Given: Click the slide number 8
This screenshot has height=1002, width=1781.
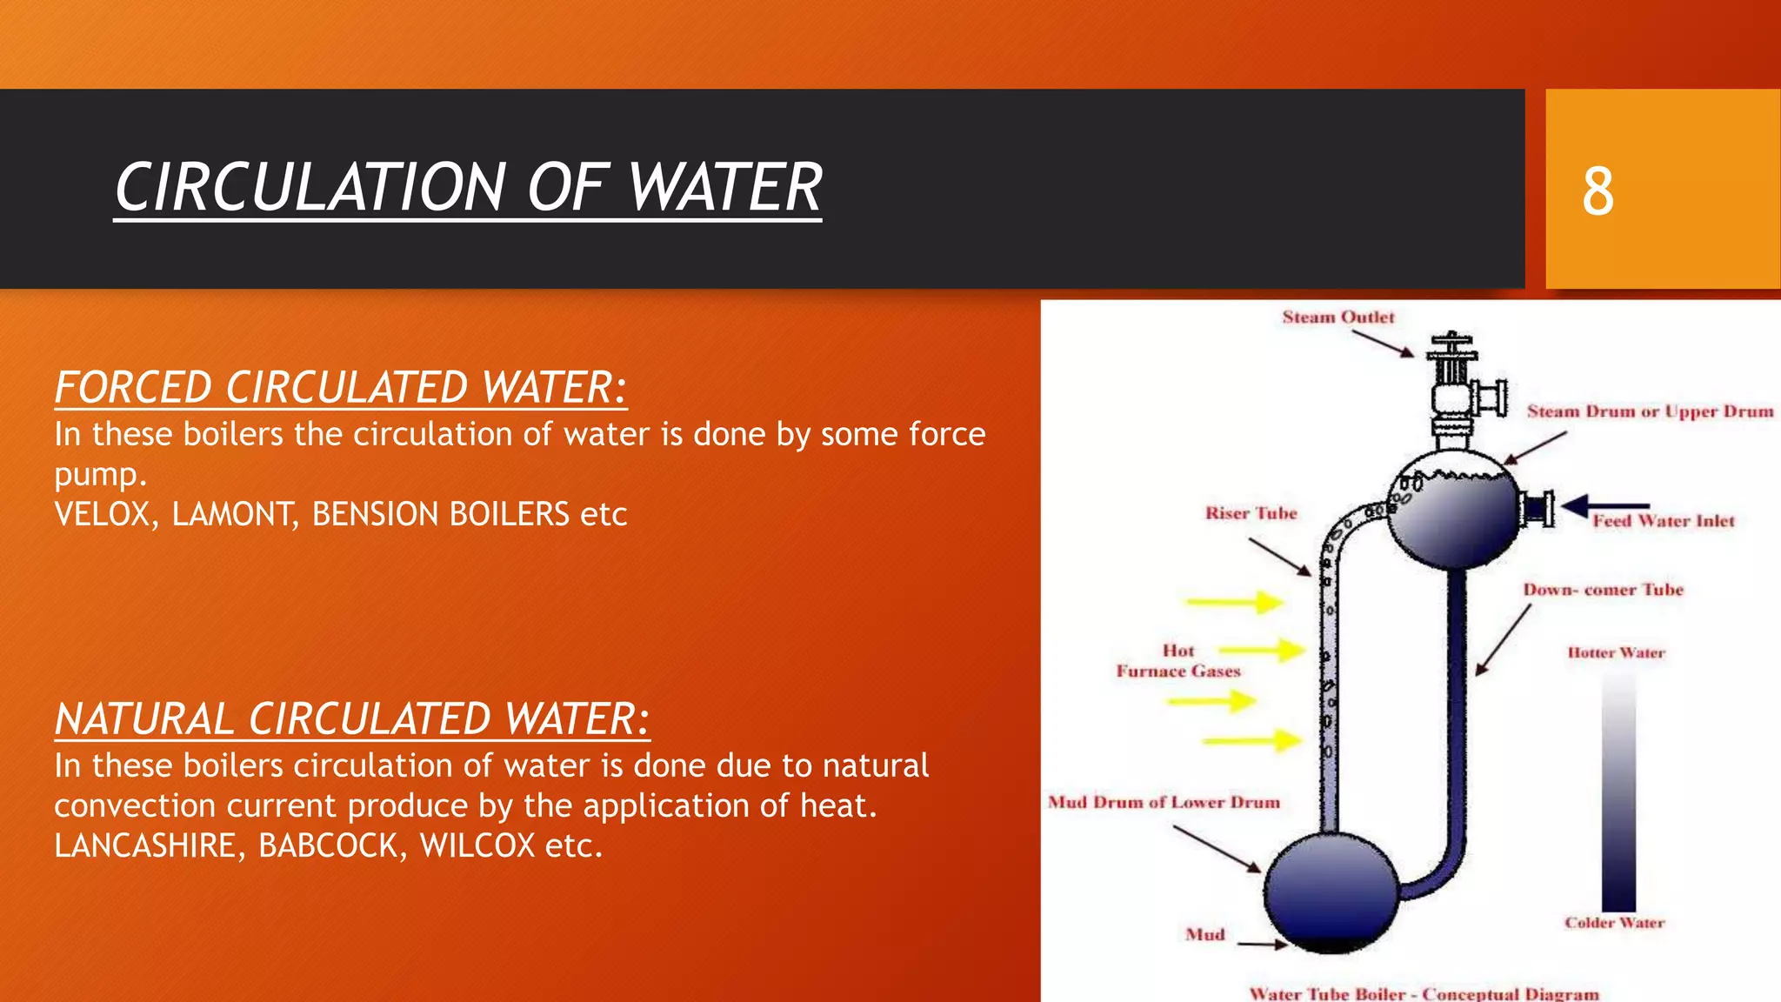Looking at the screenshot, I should click(1598, 190).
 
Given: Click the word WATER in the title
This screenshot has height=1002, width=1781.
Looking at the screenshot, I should click(724, 188).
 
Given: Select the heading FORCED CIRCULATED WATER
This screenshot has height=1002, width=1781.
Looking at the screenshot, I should click(340, 387).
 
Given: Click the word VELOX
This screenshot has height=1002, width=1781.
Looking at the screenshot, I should click(103, 514).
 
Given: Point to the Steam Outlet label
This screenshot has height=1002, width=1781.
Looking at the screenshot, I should click(1337, 317).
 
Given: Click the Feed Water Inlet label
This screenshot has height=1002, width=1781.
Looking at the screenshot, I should click(1663, 521).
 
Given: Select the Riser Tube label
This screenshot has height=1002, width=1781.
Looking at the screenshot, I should click(1251, 513).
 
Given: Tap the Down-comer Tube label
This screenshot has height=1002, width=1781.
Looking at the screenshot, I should click(1603, 590).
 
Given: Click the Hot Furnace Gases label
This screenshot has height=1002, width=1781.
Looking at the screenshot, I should click(1178, 661).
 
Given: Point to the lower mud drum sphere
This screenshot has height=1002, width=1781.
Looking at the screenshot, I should click(1331, 891).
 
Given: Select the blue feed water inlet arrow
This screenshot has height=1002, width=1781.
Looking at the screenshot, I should click(1604, 506).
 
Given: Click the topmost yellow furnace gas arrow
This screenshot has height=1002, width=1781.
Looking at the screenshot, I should click(1236, 602).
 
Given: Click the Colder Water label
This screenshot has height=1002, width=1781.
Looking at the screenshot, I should click(1614, 923).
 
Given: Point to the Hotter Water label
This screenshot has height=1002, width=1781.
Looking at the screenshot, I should click(1616, 652).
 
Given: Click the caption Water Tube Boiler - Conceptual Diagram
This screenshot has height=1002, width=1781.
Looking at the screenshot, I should click(1424, 993).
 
